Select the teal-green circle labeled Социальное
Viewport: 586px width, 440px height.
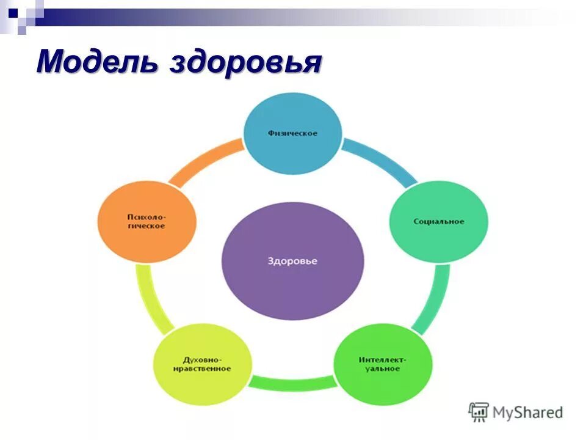tap(438, 221)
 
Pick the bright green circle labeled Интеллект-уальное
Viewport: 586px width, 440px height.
tap(383, 364)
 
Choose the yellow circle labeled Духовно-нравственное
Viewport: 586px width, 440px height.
tap(202, 365)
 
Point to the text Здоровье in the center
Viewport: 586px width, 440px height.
tap(292, 261)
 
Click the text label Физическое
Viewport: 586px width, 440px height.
tap(292, 133)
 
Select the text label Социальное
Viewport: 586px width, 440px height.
tap(438, 221)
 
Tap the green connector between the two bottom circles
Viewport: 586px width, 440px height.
tap(292, 383)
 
